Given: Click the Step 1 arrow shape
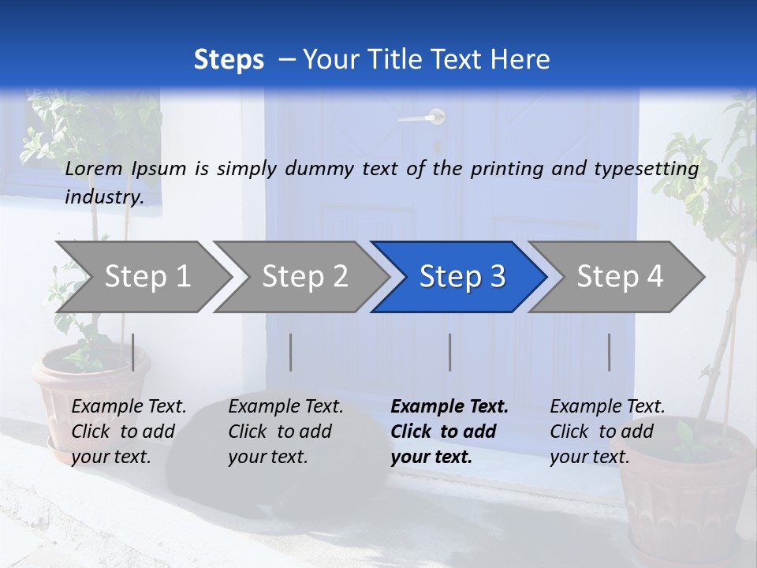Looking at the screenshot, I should [142, 277].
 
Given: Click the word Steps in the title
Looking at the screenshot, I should [229, 60].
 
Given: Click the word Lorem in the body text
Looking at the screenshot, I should [94, 168].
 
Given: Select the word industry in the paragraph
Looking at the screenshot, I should [104, 197].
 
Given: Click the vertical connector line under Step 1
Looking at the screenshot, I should [133, 352].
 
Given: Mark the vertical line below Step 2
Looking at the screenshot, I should [291, 352].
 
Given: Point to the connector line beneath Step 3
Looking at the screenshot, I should [449, 352].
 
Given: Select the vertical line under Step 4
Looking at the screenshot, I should [609, 352].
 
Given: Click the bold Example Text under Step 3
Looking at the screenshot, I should [449, 407].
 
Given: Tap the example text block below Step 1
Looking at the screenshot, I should [129, 432].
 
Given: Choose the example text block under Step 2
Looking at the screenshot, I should [285, 432].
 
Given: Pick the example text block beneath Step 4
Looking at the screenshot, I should [607, 432].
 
